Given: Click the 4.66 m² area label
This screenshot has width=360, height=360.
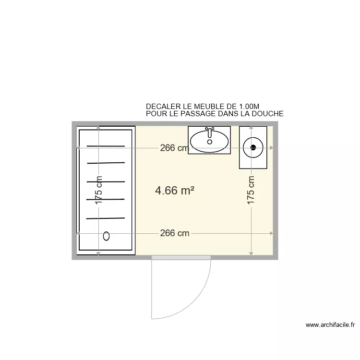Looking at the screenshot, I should (175, 191).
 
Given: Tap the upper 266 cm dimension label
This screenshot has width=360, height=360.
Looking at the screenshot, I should (174, 148).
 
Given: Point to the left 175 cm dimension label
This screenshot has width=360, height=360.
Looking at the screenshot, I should (99, 191).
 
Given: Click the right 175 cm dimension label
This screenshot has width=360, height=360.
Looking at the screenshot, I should (251, 191).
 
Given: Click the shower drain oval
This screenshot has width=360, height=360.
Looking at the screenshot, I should (107, 236).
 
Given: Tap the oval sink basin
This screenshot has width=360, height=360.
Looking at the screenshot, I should (209, 141).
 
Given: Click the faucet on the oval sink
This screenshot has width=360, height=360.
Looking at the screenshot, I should (209, 130).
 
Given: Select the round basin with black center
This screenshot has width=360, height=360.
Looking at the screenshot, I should (253, 147).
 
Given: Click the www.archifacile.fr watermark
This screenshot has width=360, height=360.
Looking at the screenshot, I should (330, 325).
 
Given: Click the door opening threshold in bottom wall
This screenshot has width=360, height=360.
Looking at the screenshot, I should (181, 258).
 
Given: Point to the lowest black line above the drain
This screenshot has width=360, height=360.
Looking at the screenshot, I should (106, 218).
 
